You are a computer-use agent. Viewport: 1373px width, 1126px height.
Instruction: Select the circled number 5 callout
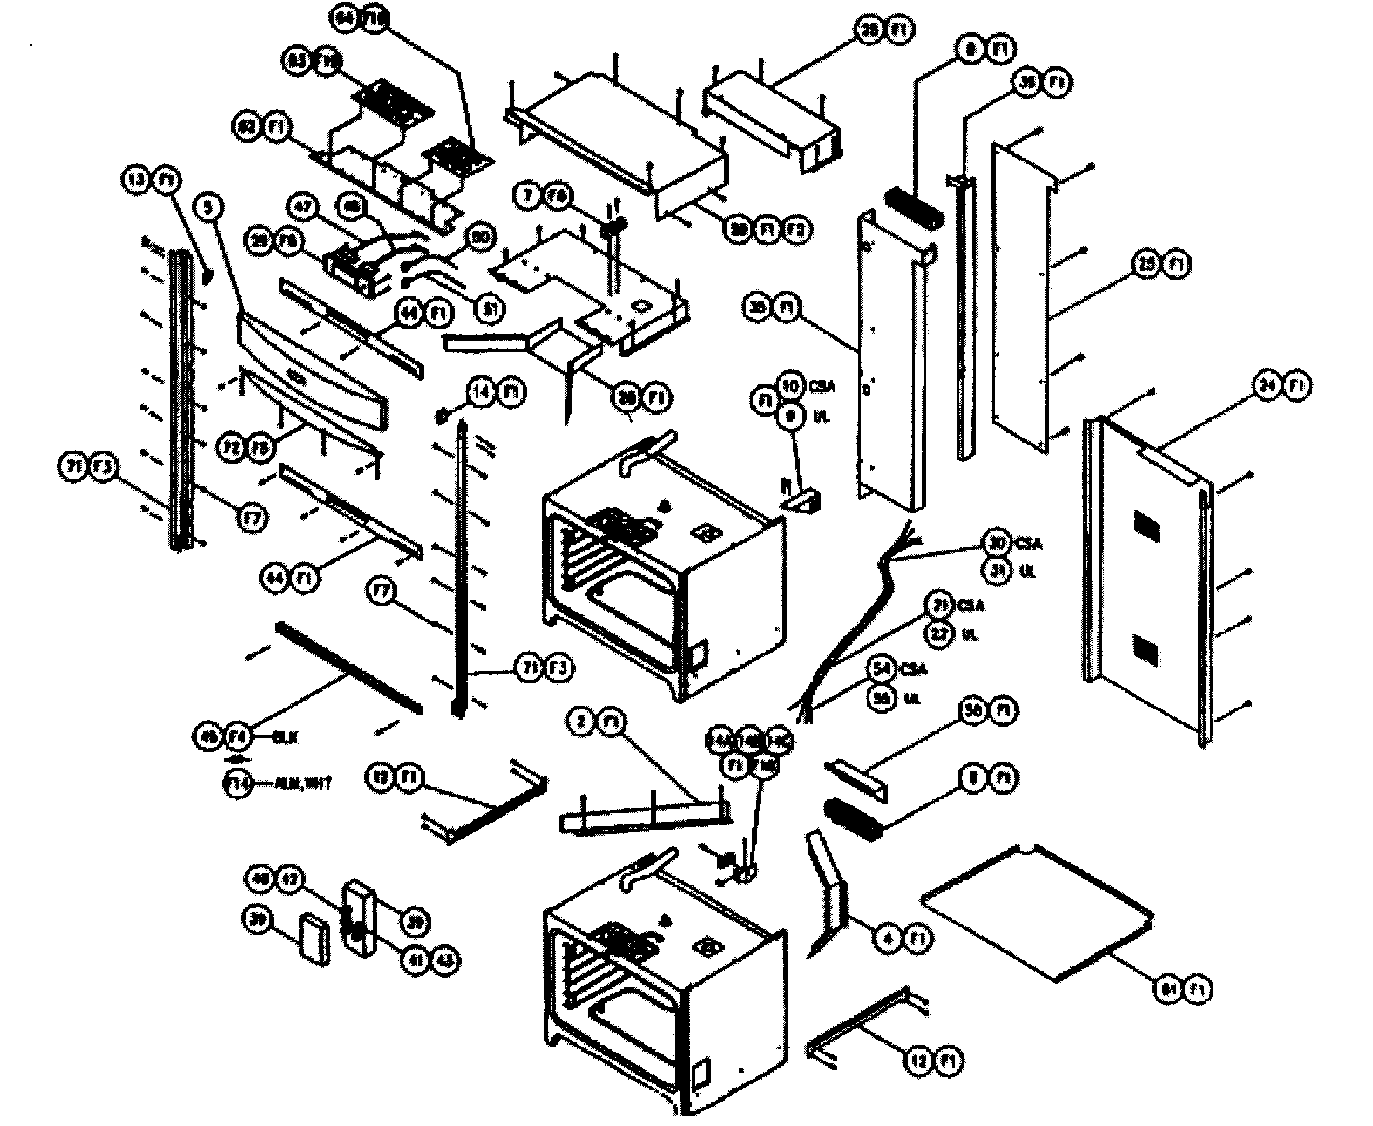pos(208,207)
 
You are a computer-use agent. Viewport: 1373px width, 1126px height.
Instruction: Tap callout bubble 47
pos(303,208)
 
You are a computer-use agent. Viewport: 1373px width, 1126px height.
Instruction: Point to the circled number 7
pos(528,196)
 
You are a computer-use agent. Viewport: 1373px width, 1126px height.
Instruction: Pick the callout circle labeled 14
pos(481,392)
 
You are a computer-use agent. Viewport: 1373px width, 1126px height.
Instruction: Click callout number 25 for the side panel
pos(1147,265)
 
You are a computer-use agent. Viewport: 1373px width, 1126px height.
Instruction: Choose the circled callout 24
pos(1267,385)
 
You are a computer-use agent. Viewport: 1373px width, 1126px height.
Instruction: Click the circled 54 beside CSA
pos(881,669)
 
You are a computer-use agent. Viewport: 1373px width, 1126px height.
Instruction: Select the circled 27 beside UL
pos(939,634)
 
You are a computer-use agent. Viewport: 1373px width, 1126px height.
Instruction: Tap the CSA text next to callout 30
pos(1028,543)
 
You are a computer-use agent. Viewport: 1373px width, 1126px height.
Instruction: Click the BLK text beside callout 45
pos(285,737)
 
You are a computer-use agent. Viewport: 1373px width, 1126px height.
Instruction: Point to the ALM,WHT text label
pos(303,784)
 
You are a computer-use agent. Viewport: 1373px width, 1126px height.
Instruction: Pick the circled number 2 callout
pos(581,721)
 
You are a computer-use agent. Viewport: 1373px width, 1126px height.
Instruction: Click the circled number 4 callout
pos(888,938)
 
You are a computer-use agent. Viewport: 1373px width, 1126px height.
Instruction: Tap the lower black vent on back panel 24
pos(1146,651)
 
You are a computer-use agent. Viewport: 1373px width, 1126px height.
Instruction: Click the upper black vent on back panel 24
pos(1147,527)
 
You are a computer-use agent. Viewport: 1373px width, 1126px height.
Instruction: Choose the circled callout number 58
pos(973,710)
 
